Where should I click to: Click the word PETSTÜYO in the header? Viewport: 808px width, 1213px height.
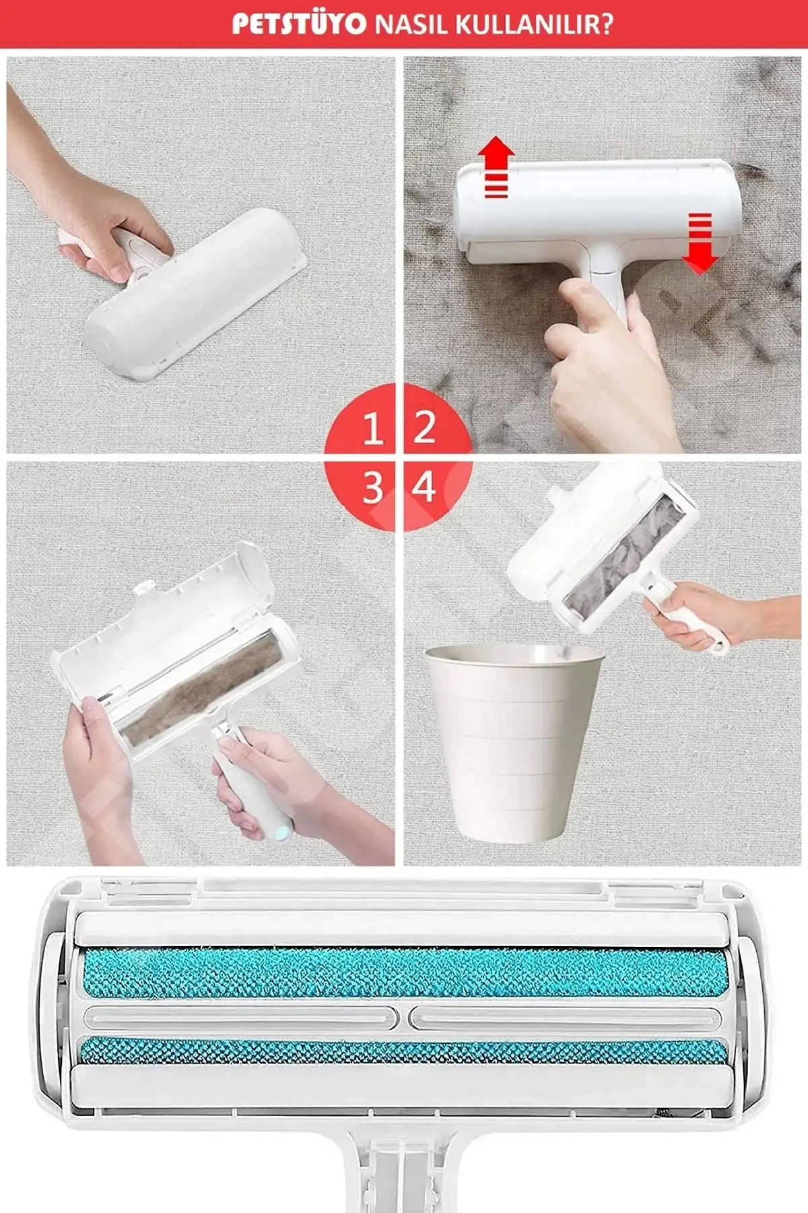299,25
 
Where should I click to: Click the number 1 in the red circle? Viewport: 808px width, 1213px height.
373,428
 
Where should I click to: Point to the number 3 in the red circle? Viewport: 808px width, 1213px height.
373,487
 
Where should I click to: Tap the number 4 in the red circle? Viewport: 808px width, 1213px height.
424,487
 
